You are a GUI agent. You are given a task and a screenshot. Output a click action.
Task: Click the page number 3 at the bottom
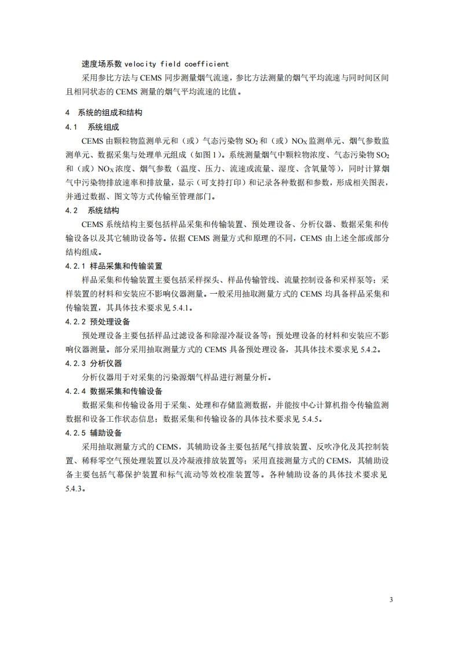point(391,600)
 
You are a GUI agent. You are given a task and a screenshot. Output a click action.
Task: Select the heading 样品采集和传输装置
point(126,266)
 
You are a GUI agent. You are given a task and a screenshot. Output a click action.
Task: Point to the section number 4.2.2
point(75,322)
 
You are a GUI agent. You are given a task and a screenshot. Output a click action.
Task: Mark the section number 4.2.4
point(75,391)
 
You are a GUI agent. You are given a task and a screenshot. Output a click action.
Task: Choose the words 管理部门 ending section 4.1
point(200,196)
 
